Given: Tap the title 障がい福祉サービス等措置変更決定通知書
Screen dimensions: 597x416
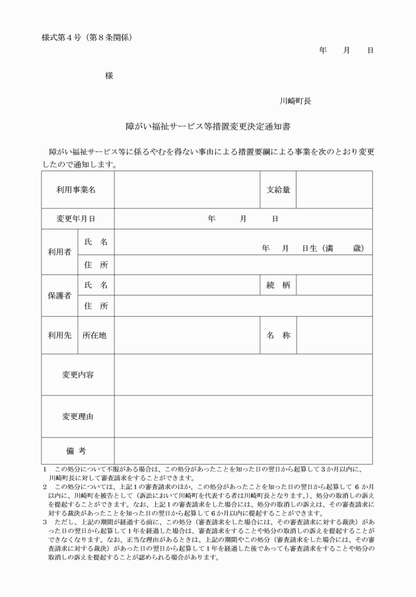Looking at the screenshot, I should (x=207, y=125).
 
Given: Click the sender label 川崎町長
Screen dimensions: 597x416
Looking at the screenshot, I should (x=295, y=101).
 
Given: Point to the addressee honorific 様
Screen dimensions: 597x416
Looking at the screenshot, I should (x=109, y=76).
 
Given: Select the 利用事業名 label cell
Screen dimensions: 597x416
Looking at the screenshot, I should (x=77, y=190).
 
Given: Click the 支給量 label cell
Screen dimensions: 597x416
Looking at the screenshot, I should (x=277, y=190).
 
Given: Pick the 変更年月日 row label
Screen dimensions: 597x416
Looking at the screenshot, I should (x=77, y=218).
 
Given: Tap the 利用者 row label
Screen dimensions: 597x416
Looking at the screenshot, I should (x=59, y=252).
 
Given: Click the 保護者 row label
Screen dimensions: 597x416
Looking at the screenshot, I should (x=59, y=296).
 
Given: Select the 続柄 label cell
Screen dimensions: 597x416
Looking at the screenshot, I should (x=277, y=285).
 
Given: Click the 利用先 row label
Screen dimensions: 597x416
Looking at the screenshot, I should (x=59, y=335).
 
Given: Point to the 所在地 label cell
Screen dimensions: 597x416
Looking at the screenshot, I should (x=95, y=335).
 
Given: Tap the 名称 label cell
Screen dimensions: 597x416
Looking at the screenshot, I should (x=277, y=335).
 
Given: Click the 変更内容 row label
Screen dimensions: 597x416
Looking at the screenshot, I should (x=77, y=374).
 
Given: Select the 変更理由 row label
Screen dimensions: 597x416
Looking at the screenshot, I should (x=77, y=416).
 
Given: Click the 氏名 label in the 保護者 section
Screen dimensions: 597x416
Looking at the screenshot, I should (x=95, y=285).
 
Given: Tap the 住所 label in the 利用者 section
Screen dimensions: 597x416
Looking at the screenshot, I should (x=95, y=264).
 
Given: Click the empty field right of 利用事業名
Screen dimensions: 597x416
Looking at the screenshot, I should (x=186, y=190).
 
